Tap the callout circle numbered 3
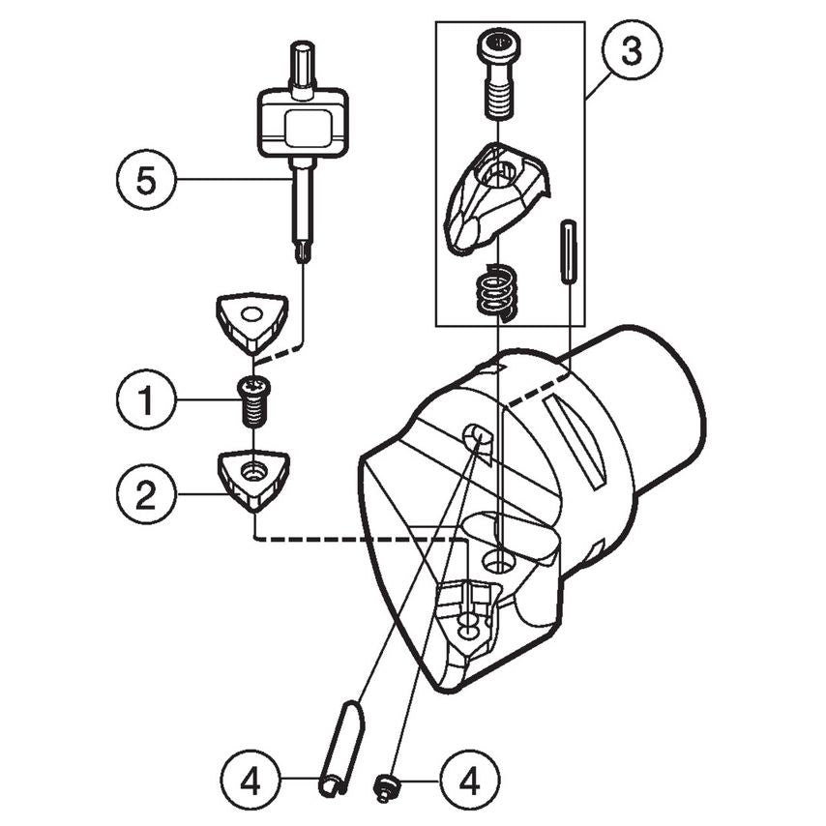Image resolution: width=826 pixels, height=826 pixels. [x=631, y=51]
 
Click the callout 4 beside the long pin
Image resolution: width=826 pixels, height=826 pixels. [x=250, y=779]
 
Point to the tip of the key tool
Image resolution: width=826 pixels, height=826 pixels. [x=303, y=253]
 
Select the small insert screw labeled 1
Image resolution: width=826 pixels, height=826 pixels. [x=253, y=400]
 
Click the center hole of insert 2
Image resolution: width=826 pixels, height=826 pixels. [x=253, y=472]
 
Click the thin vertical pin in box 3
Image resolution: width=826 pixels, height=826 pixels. [x=568, y=251]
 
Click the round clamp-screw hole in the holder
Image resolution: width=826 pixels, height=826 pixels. [x=499, y=560]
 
